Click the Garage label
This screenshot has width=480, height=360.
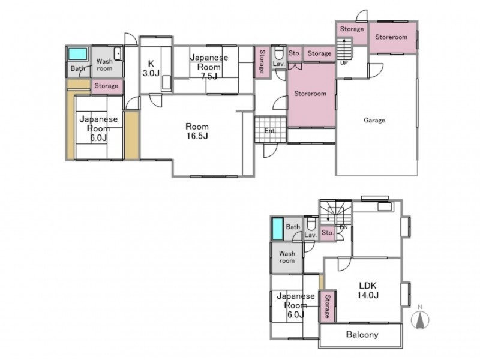(374, 121)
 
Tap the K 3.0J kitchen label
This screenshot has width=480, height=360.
(151, 68)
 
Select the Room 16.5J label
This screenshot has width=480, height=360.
(197, 131)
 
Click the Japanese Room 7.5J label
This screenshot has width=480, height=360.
(209, 67)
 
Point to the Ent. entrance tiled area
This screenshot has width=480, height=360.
(271, 129)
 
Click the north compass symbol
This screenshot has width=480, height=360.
(421, 319)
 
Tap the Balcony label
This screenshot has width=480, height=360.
(362, 334)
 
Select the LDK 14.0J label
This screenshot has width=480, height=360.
(368, 290)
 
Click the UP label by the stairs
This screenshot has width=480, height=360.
(344, 63)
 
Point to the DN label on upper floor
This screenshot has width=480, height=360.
(344, 227)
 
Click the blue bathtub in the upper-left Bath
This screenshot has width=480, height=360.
(78, 54)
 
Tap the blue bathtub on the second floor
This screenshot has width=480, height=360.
(278, 229)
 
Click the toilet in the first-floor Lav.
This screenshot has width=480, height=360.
(278, 53)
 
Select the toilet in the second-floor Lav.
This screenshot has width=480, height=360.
(311, 223)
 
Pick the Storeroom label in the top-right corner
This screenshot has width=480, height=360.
(391, 37)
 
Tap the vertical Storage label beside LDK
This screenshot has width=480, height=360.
(327, 306)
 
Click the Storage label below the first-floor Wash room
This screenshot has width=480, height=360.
(106, 86)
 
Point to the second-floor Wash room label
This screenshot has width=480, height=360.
(287, 257)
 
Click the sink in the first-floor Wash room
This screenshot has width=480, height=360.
(118, 54)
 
